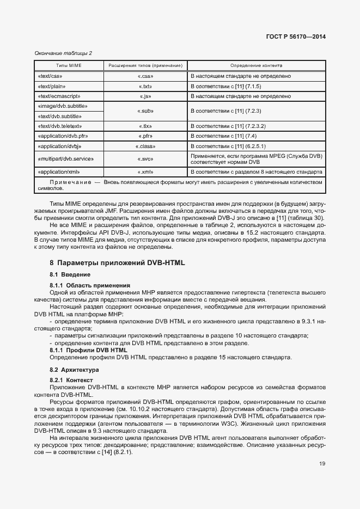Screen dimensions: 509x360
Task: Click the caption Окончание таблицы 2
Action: click(63, 53)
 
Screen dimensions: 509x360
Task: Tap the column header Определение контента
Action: click(256, 65)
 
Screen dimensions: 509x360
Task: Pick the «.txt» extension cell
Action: click(145, 87)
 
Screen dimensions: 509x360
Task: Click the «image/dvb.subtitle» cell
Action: click(63, 106)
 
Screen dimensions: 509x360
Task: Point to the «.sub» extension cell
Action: click(145, 111)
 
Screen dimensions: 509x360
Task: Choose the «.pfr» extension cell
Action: click(145, 136)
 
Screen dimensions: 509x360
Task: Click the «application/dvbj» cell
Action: click(59, 146)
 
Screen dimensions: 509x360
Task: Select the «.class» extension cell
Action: click(145, 146)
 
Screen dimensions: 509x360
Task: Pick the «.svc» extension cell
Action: click(145, 159)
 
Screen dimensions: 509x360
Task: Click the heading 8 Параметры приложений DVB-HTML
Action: click(118, 262)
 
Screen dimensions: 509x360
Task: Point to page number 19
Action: click(322, 464)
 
